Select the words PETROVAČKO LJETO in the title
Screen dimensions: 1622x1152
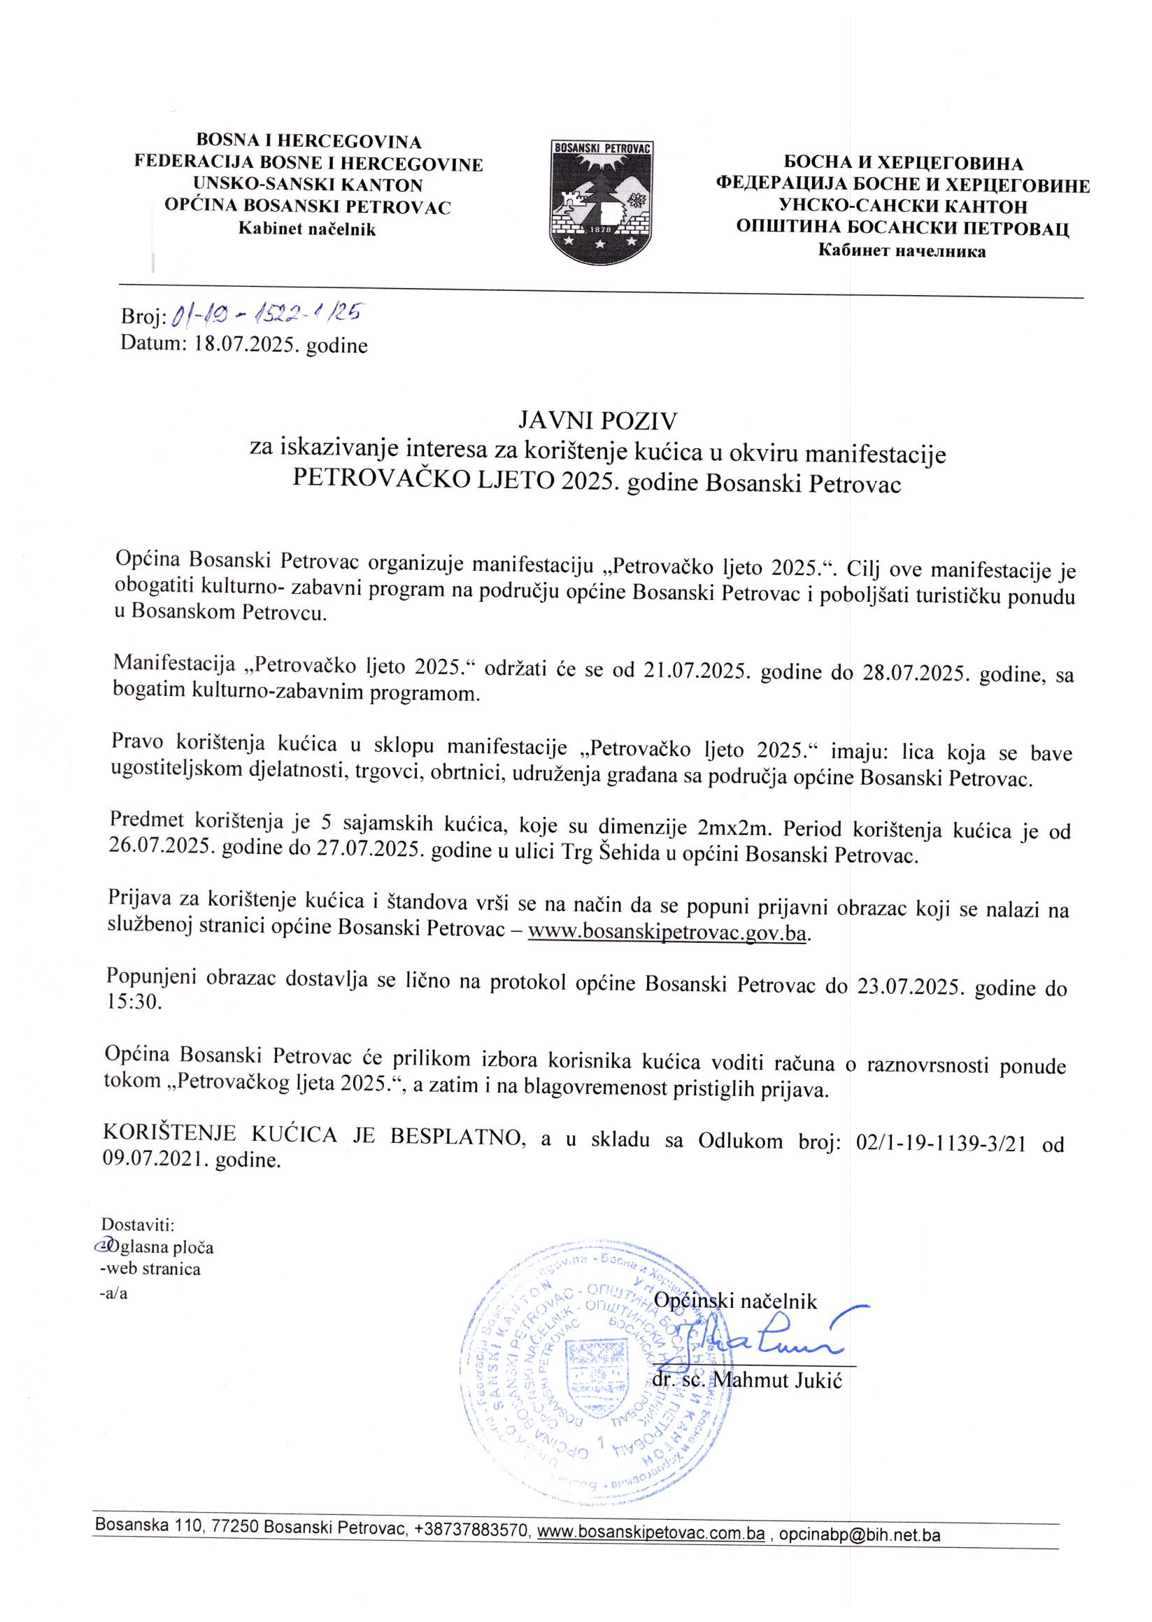click(x=424, y=483)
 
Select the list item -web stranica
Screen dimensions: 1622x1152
click(x=150, y=1269)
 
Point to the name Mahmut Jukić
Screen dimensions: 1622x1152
click(x=778, y=1381)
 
